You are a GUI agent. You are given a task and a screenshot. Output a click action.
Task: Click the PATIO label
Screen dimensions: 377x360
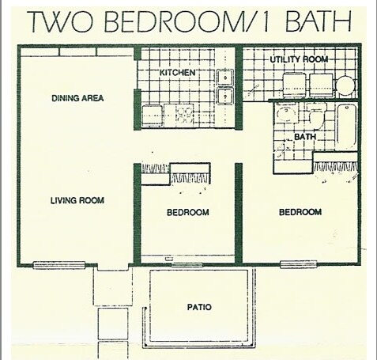199,307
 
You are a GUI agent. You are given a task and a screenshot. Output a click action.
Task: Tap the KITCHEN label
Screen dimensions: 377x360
177,73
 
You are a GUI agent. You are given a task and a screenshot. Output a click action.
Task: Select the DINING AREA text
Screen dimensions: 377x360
77,98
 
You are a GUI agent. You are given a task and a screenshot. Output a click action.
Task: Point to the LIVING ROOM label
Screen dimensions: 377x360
77,200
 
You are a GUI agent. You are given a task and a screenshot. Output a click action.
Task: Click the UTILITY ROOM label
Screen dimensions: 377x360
299,59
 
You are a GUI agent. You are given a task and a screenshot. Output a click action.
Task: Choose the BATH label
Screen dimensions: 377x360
305,137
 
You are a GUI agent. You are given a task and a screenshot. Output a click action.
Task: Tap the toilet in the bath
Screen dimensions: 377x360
315,116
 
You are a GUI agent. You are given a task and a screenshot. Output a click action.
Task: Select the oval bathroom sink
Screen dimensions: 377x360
285,113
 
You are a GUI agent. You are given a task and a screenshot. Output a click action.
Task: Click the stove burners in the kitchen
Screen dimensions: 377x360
184,116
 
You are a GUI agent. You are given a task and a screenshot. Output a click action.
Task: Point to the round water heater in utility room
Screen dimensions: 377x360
345,85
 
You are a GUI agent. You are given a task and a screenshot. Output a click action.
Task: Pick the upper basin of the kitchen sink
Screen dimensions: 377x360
225,78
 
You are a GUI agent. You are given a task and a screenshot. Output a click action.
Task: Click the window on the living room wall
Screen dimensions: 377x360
59,265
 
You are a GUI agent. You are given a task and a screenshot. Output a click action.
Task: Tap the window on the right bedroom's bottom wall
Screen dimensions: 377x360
298,264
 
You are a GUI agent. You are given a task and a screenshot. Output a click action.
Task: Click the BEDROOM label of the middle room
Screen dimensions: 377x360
188,212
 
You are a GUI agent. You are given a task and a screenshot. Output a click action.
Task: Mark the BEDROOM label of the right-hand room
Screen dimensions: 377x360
300,212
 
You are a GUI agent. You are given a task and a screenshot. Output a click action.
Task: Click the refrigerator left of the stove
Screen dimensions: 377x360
152,116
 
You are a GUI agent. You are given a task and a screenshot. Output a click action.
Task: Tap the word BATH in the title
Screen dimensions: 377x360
318,21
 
